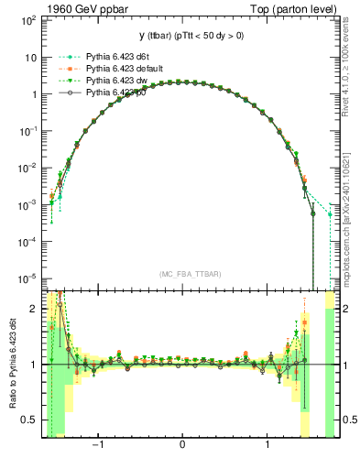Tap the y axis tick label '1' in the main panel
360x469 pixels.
33,93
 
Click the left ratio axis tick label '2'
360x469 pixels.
33,310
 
